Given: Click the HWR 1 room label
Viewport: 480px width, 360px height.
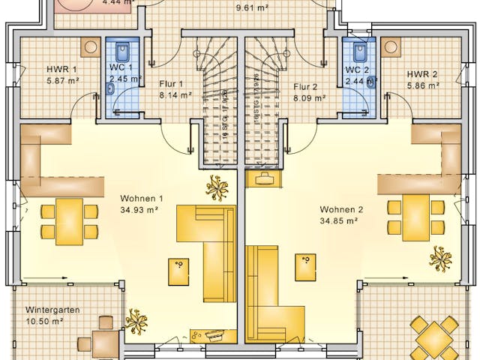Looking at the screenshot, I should point(63,70).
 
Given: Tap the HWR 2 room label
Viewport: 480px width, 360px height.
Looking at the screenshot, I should point(423,74).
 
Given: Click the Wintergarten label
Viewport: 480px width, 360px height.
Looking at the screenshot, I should point(52,310).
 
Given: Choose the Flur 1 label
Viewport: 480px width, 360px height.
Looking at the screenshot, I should point(171,84).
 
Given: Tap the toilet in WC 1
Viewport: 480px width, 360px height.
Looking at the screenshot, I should point(124,52).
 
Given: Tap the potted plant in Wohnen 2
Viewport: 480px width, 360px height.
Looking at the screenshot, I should point(440,258).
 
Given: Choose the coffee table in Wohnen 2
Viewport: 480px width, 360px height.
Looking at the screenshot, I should point(305,265).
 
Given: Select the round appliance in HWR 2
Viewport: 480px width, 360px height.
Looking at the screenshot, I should point(391,47).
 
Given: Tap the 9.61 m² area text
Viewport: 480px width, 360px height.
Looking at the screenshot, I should point(253,8).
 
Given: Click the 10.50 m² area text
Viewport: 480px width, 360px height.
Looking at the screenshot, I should point(43,321).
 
